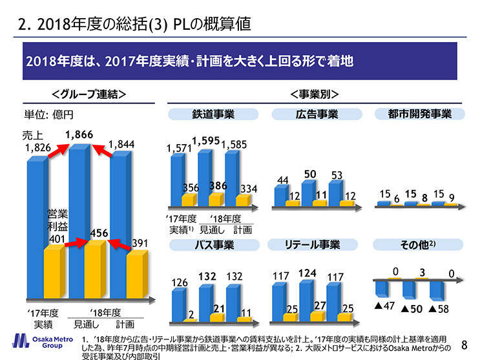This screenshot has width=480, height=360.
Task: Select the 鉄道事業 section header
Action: [x=213, y=114]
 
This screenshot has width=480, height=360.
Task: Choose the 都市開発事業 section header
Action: [x=420, y=114]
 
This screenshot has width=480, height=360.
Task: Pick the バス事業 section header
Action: [x=213, y=244]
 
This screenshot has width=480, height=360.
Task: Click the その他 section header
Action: [x=420, y=244]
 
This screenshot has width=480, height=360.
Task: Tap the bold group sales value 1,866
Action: [x=79, y=134]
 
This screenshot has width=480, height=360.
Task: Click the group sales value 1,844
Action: [x=121, y=144]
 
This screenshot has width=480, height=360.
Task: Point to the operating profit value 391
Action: [x=141, y=243]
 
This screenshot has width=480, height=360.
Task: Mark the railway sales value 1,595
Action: [x=207, y=140]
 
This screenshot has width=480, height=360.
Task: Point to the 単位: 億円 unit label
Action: [x=49, y=115]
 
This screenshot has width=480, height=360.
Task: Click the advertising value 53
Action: [x=336, y=175]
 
